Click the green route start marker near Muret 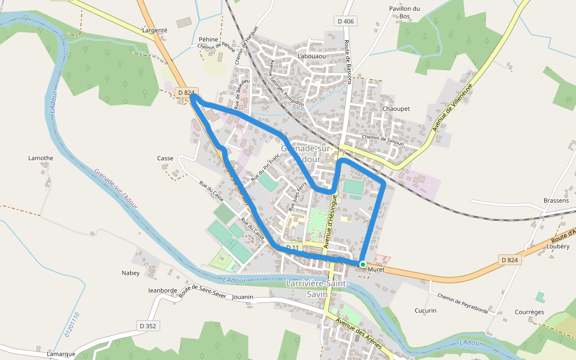pos(363,264)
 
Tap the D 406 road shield pos(345,22)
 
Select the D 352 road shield pos(147,326)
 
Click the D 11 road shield pos(292,247)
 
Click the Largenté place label pos(155,29)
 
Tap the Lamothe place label pos(41,158)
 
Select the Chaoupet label pos(396,109)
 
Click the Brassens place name pos(556,200)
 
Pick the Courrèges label pos(529,312)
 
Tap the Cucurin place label pos(425,310)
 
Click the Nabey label pos(131,272)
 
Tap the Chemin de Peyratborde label pos(463,304)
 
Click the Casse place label pos(165,158)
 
